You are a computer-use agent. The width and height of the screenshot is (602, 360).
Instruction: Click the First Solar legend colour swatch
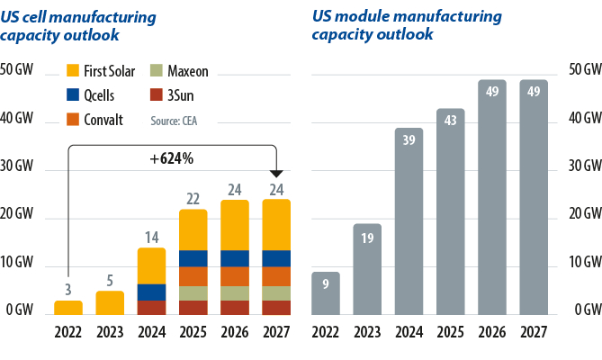click(74, 70)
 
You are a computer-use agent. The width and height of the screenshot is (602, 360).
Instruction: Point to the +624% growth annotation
click(171, 159)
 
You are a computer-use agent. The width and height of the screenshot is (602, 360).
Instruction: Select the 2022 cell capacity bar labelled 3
click(68, 307)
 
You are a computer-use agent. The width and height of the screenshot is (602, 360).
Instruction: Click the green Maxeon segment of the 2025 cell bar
click(193, 293)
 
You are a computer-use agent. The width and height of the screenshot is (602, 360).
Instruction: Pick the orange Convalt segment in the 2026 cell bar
click(236, 276)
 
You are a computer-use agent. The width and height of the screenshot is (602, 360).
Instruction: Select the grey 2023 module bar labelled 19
click(367, 269)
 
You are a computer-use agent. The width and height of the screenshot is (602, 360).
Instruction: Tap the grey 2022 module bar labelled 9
click(325, 292)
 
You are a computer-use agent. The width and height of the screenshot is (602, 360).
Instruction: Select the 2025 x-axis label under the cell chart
click(193, 330)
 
